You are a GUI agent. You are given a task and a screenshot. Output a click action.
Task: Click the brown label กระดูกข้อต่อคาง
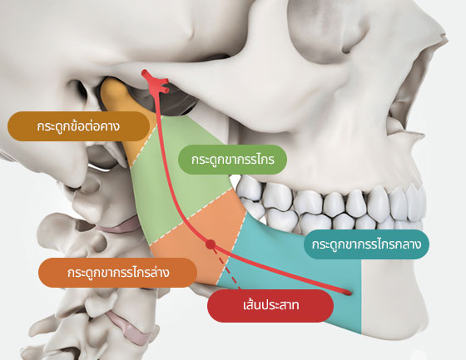(78, 126)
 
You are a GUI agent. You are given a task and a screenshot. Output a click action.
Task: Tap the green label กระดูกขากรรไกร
(232, 160)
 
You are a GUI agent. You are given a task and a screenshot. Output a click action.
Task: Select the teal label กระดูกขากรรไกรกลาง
(366, 244)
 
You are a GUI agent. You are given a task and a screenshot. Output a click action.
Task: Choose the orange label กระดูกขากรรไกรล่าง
(117, 273)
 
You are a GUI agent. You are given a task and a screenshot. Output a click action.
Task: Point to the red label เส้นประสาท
(270, 306)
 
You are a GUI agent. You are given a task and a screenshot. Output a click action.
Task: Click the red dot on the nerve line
(211, 244)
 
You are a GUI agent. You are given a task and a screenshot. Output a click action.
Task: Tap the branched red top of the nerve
(155, 82)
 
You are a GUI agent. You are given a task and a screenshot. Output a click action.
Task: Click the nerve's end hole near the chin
(347, 293)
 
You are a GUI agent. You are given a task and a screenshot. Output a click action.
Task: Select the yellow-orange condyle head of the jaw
(117, 98)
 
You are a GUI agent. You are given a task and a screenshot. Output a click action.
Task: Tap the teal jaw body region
(297, 274)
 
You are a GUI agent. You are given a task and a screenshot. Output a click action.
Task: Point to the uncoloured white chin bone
(392, 297)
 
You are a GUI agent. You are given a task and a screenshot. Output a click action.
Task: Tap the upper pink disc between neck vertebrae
(119, 226)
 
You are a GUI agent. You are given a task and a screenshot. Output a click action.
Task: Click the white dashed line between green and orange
(191, 216)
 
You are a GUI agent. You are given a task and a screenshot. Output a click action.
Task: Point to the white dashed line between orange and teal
(231, 248)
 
